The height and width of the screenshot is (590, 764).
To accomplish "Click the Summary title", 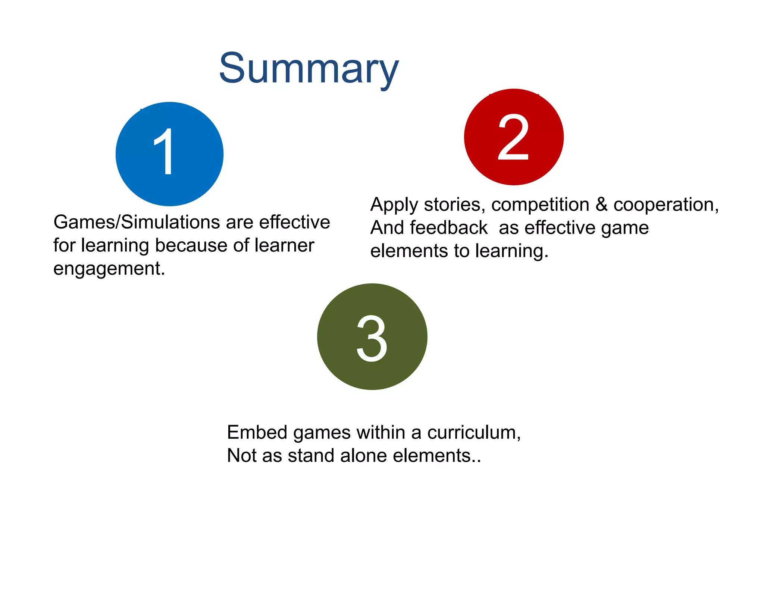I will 309,69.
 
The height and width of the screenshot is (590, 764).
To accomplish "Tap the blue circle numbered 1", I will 169,154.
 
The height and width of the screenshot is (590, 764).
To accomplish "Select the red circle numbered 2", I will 514,137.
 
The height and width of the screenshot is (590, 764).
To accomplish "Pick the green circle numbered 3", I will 372,337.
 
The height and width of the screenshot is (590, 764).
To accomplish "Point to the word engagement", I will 109,269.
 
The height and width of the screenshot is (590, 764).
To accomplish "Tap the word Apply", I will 394,205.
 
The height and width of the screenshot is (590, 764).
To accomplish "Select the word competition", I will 540,205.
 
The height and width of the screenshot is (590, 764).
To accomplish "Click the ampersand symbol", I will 601,205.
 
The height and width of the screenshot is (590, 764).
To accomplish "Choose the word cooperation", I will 666,205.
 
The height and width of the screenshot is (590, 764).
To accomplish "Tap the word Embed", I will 257,433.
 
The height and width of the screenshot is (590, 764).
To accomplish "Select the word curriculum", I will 474,433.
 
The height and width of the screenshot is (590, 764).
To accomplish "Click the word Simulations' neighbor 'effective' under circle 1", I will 295,222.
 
